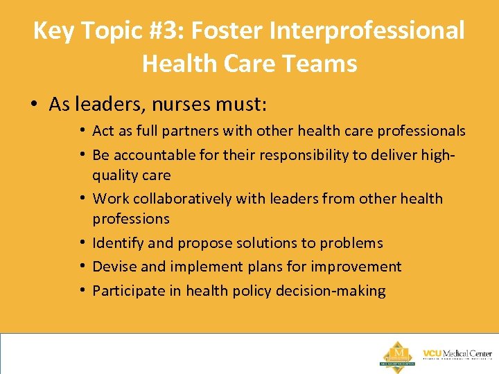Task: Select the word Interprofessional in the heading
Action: pos(369,30)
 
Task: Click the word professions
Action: pos(131,219)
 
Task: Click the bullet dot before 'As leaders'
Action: pos(33,105)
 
